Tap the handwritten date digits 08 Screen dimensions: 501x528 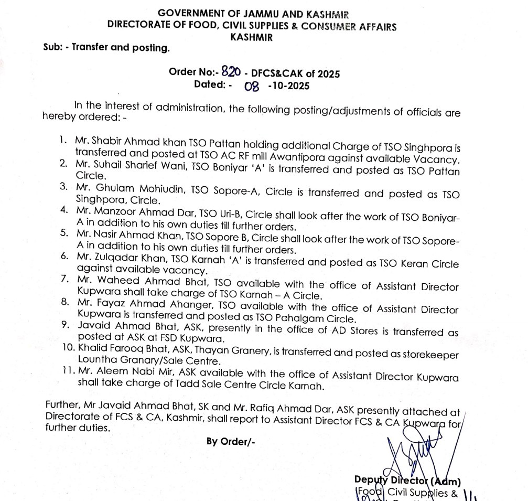click(252, 86)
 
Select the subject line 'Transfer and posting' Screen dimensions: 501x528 click(121, 48)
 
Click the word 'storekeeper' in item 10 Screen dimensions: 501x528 click(433, 355)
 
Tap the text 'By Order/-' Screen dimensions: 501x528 click(231, 441)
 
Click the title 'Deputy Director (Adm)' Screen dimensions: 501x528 click(407, 481)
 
